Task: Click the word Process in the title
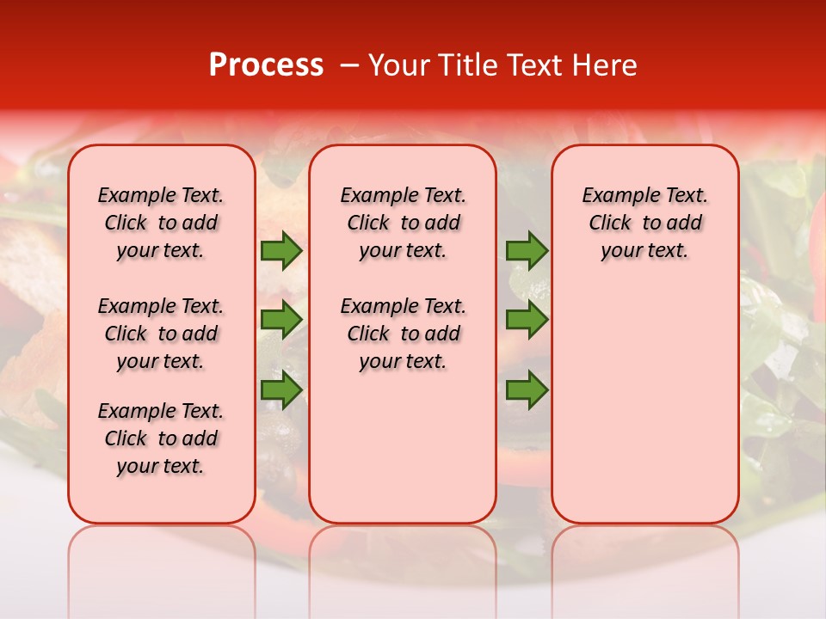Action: [x=266, y=65]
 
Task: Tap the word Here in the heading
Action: [x=605, y=65]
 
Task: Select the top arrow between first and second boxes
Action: [x=280, y=251]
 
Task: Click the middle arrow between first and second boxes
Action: [x=280, y=320]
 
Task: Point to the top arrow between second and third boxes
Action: [x=527, y=251]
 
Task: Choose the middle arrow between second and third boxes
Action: [x=527, y=320]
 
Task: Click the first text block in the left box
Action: [x=161, y=223]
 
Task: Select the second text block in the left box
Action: [x=161, y=334]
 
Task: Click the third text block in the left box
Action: [x=161, y=438]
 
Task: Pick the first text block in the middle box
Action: [x=403, y=223]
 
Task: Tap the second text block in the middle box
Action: [x=403, y=334]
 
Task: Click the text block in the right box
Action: [x=644, y=223]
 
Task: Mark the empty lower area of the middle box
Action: [x=403, y=447]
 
